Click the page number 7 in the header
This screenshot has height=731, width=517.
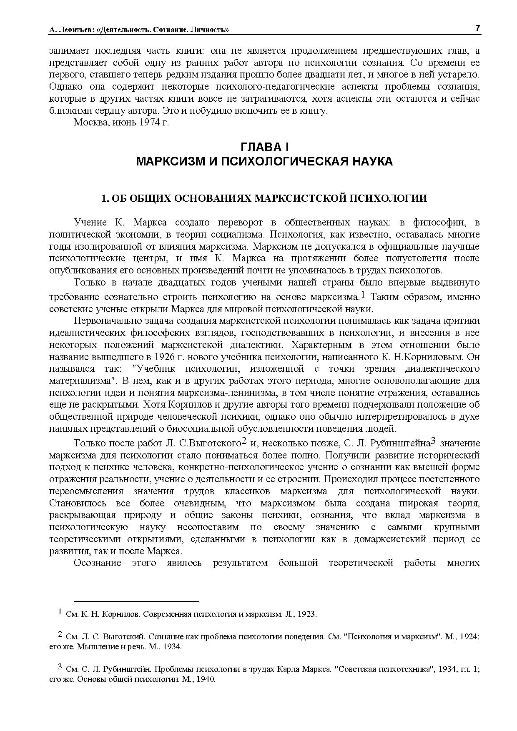(x=477, y=28)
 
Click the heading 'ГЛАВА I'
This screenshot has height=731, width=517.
(x=264, y=148)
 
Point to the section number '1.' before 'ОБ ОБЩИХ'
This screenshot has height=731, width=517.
(x=105, y=198)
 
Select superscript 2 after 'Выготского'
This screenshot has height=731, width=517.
(x=245, y=441)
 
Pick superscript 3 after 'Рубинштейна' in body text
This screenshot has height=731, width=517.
(x=433, y=441)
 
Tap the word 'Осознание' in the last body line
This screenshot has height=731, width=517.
(x=98, y=563)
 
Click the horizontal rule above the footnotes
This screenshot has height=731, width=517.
(x=136, y=601)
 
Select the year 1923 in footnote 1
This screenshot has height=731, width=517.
(x=307, y=615)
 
